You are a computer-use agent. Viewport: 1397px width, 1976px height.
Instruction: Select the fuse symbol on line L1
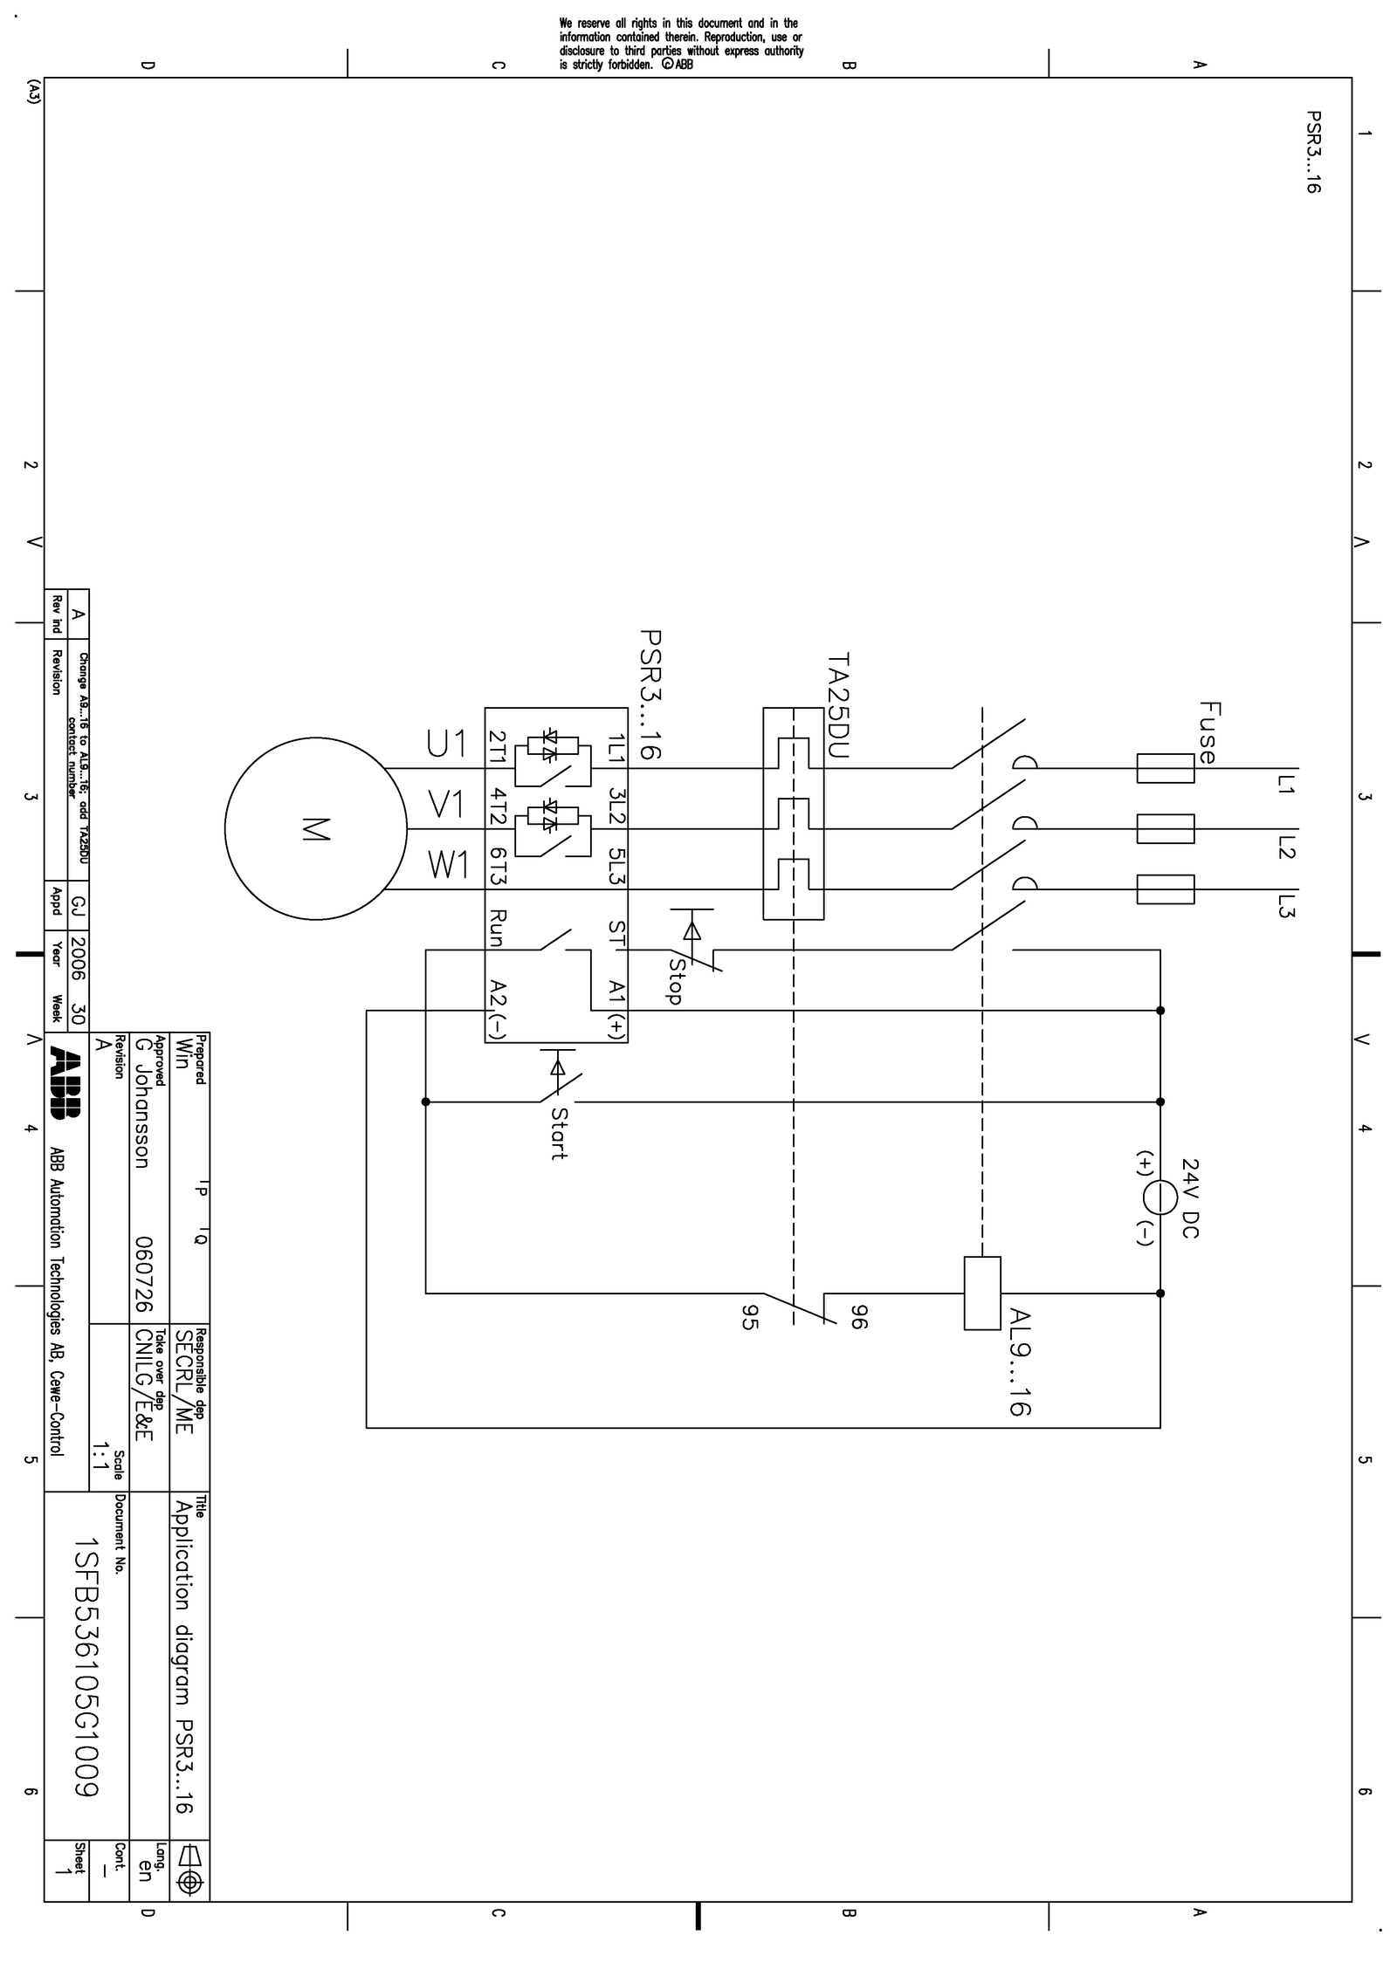click(1165, 768)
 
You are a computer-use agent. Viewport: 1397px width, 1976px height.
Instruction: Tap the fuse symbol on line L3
click(1165, 889)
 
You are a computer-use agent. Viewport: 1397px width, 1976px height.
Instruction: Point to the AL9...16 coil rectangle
click(982, 1293)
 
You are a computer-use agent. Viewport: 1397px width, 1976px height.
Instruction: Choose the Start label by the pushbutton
click(559, 1134)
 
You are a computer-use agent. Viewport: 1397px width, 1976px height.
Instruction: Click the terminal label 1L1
click(617, 748)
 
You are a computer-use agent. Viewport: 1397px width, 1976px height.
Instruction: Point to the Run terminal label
click(497, 928)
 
